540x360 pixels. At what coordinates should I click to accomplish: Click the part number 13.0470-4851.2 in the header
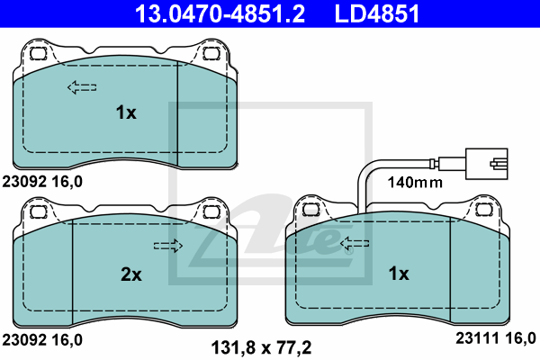pos(220,13)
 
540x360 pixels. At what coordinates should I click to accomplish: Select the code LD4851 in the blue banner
pos(377,13)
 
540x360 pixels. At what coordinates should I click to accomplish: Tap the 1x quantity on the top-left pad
pos(126,112)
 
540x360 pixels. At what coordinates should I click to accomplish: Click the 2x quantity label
pos(131,274)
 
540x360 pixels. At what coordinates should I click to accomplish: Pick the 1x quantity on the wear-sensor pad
pos(399,274)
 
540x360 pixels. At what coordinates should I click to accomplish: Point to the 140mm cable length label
pos(415,182)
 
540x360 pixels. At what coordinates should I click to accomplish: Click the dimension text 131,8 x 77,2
pos(261,347)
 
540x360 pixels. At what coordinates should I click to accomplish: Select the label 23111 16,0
pos(496,338)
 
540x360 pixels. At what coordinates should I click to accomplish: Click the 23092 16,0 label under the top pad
pos(42,181)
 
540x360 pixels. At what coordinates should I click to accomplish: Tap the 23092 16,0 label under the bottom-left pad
pos(42,339)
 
